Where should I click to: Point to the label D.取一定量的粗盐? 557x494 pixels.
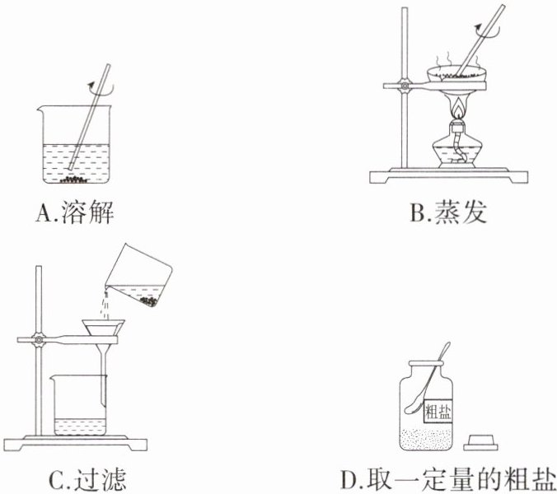(448, 478)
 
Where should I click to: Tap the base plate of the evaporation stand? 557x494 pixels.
(450, 175)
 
